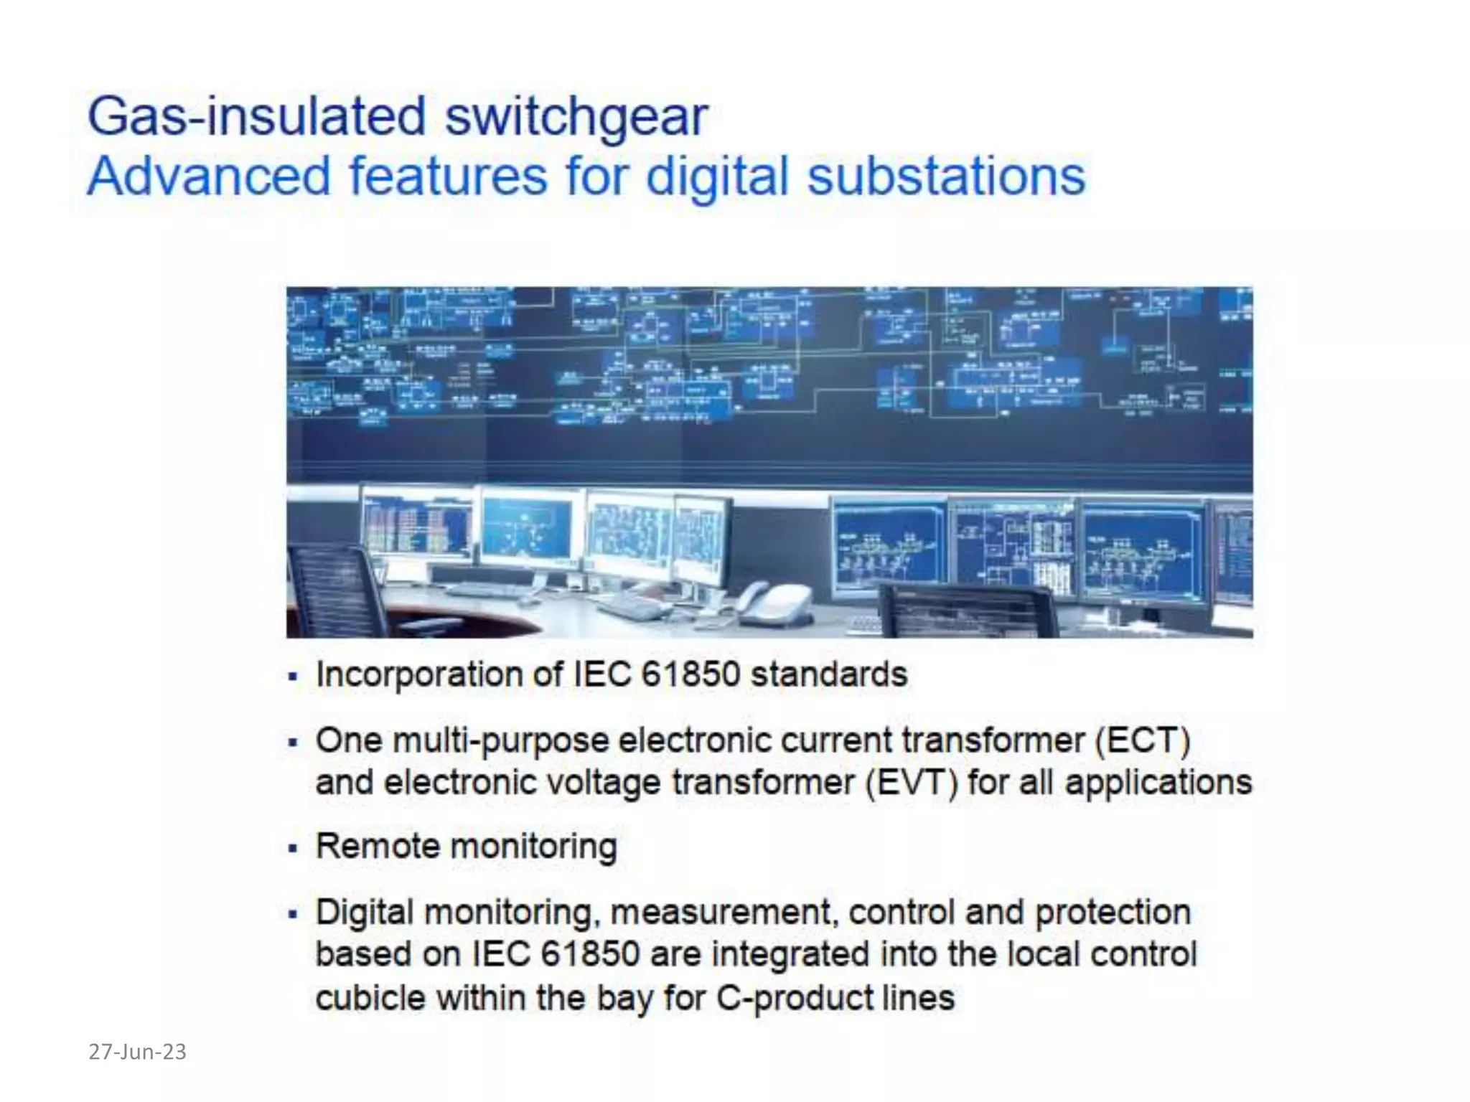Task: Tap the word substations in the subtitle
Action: point(946,176)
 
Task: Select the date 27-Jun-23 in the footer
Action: point(137,1052)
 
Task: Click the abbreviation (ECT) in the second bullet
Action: point(1143,740)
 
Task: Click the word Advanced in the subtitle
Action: point(209,176)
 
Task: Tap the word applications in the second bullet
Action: point(1158,783)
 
